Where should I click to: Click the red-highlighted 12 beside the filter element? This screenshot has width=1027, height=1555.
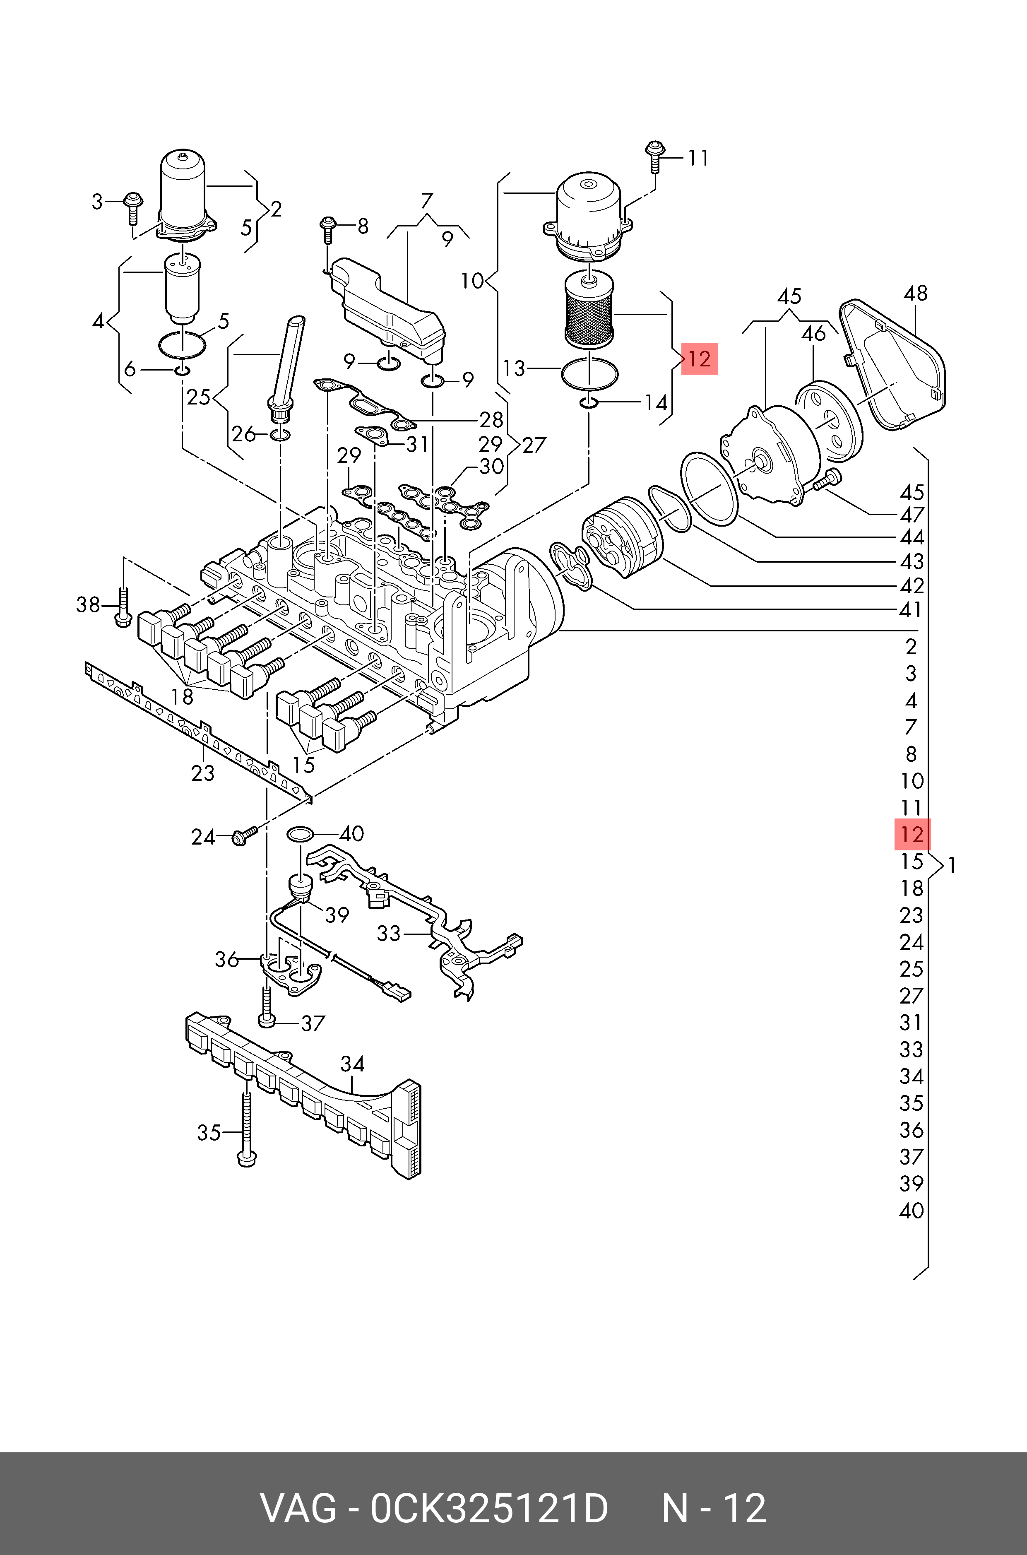pyautogui.click(x=700, y=359)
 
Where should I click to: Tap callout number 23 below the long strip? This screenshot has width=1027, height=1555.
pyautogui.click(x=202, y=773)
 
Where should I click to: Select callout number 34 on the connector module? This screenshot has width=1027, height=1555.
pyautogui.click(x=352, y=1064)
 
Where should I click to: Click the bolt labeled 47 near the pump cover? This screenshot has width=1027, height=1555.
pyautogui.click(x=827, y=480)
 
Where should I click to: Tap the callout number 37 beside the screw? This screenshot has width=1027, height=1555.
pyautogui.click(x=313, y=1023)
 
